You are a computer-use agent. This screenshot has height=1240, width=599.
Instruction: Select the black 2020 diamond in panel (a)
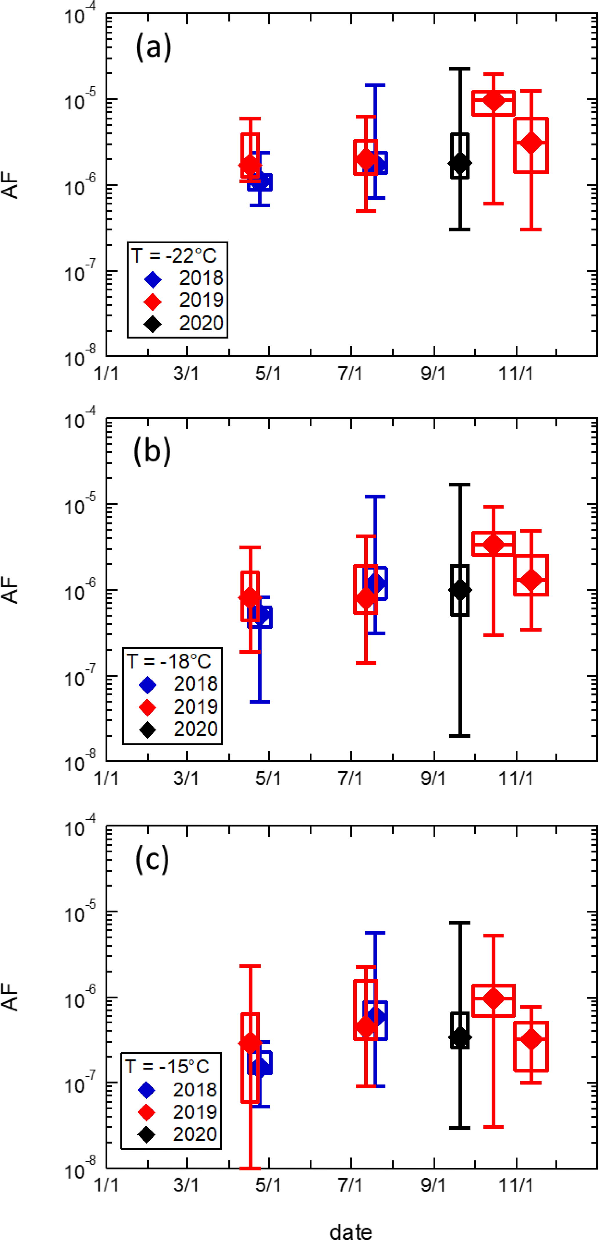460,163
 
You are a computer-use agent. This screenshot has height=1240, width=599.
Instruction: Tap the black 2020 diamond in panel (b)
460,590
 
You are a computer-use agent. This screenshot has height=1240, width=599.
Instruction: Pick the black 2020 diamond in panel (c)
460,1037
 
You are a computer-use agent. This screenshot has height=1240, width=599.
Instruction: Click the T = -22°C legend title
174,255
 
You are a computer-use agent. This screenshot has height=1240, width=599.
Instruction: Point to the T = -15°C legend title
167,1066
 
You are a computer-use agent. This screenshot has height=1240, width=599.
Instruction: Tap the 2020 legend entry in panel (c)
178,1134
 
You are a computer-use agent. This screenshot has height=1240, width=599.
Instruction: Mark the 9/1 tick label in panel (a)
433,373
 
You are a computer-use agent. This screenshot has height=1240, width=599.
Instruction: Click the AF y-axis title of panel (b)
10,590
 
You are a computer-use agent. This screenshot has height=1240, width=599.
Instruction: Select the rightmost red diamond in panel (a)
531,143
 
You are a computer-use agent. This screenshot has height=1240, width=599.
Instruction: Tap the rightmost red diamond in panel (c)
531,1039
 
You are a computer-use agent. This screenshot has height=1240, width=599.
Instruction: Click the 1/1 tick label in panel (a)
106,373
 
